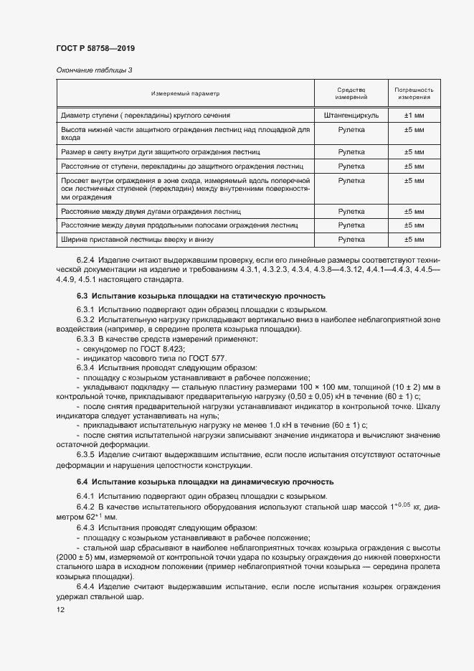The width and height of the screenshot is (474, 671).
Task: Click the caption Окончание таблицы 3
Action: (x=94, y=70)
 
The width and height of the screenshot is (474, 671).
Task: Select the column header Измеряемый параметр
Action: (x=185, y=93)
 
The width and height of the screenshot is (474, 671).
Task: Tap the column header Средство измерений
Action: (x=351, y=93)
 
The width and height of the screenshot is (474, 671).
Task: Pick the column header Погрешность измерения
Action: (x=414, y=93)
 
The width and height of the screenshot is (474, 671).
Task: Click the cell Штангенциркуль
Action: (x=351, y=114)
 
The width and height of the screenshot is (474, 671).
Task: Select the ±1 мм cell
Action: (x=414, y=114)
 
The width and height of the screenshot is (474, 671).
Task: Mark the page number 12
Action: (x=60, y=609)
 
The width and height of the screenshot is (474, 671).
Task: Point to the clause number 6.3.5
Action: (x=85, y=454)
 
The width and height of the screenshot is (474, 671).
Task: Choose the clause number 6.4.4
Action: (x=85, y=586)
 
